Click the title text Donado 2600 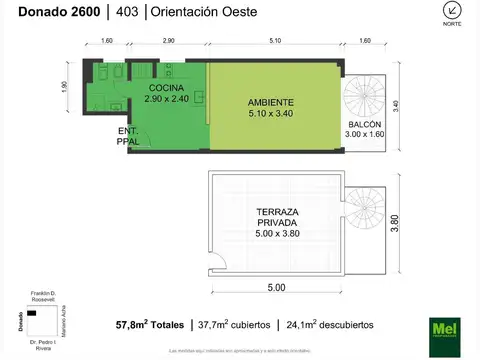point(50,13)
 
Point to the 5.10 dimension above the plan point(274,40)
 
